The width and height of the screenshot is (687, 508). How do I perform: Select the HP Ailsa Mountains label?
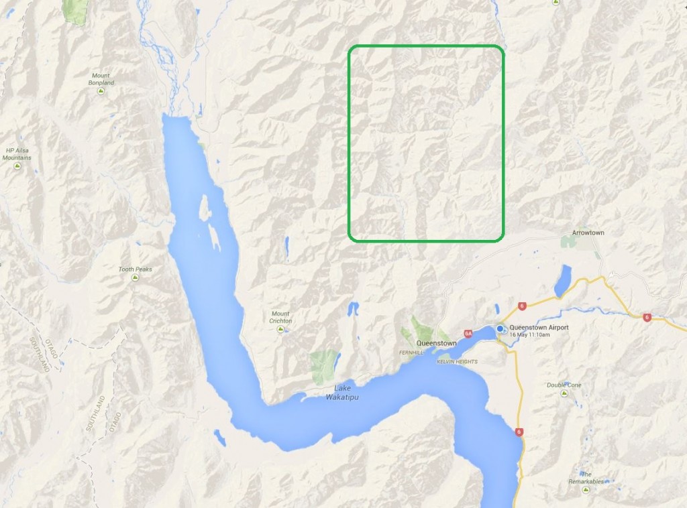coord(18,154)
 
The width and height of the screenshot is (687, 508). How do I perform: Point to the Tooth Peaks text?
coord(136,269)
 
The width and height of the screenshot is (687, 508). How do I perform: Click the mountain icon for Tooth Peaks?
coord(136,277)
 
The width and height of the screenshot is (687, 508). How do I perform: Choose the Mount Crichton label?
coord(281,317)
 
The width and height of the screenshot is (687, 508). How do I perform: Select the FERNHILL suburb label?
coord(411,351)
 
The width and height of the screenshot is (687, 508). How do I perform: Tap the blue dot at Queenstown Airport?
coord(500,329)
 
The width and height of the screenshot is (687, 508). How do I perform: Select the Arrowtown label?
coord(588,233)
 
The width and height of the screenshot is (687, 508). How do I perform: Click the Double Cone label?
coord(564,385)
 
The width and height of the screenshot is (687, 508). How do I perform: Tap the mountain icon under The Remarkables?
coord(588,490)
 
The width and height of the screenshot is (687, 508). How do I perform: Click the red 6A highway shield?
coord(468,333)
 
